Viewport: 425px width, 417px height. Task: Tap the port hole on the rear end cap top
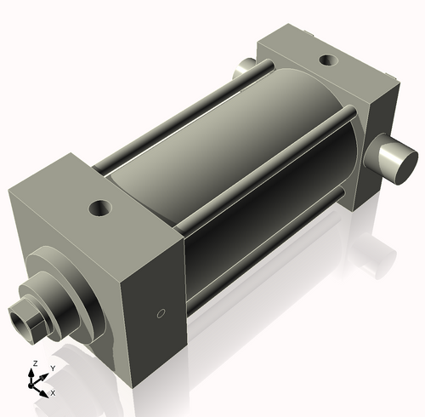point(326,61)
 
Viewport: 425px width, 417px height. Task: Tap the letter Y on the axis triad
point(52,368)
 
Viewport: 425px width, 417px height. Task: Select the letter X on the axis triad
point(53,393)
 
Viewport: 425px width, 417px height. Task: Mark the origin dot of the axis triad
point(34,382)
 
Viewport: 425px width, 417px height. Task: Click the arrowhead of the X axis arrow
point(45,391)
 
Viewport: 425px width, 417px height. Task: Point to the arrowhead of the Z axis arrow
point(34,370)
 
